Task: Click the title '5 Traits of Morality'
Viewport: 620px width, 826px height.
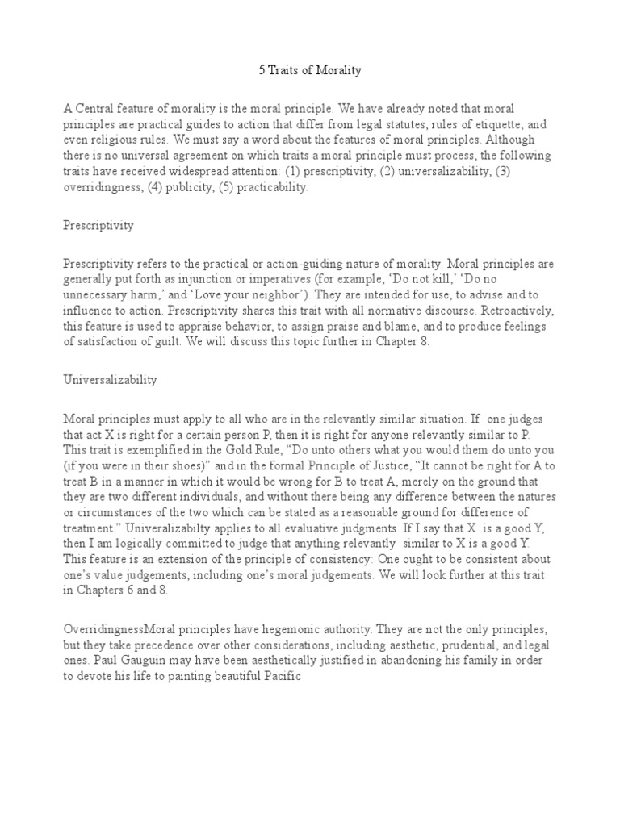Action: point(310,70)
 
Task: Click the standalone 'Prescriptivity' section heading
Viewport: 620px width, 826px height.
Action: point(98,226)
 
